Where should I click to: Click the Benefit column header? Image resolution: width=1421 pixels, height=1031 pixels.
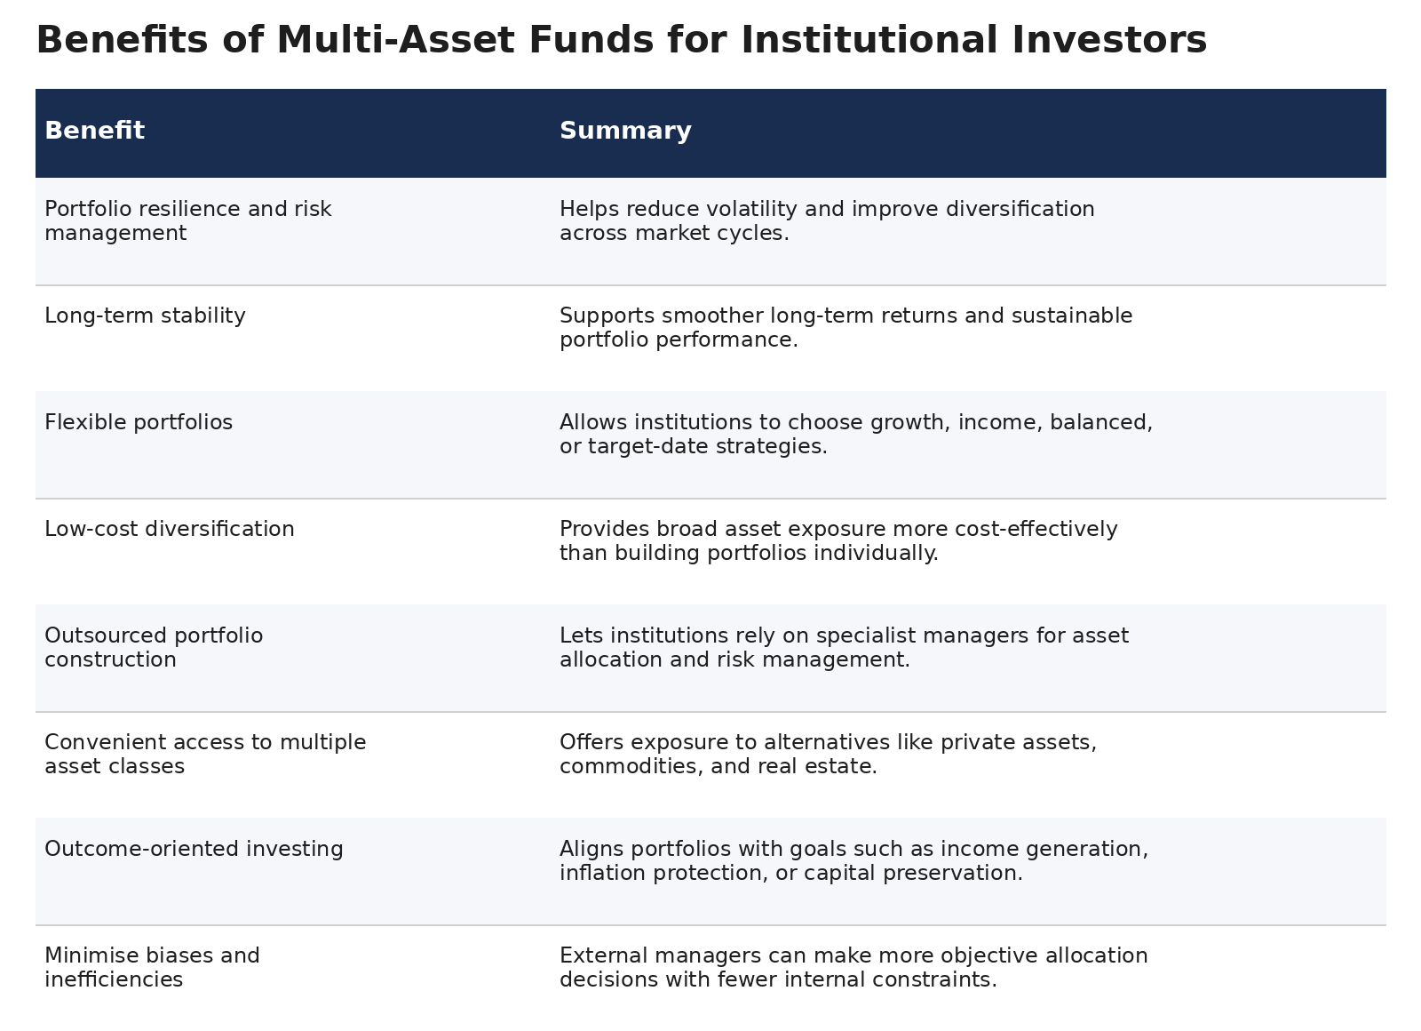point(94,130)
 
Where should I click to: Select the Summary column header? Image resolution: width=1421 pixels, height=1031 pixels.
point(625,131)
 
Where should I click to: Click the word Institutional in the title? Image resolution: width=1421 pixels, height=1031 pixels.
point(869,40)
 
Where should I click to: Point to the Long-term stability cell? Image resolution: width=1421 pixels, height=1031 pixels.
point(145,316)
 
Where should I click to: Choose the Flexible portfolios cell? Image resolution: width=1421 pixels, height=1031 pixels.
point(139,422)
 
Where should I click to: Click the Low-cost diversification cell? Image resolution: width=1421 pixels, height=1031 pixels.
point(170,529)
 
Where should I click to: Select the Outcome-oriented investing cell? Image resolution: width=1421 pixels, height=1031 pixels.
point(194,849)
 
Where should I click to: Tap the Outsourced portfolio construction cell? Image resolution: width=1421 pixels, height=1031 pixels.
point(154,647)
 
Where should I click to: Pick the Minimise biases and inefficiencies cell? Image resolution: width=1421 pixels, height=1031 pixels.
point(152,967)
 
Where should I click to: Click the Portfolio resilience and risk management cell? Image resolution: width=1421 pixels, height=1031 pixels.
point(187,220)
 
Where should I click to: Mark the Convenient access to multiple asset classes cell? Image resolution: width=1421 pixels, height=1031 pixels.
point(205,754)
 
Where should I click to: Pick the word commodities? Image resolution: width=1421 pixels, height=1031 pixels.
point(631,766)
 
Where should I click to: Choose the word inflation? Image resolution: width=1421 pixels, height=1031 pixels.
point(603,873)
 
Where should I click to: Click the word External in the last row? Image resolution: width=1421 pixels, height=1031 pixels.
point(606,955)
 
